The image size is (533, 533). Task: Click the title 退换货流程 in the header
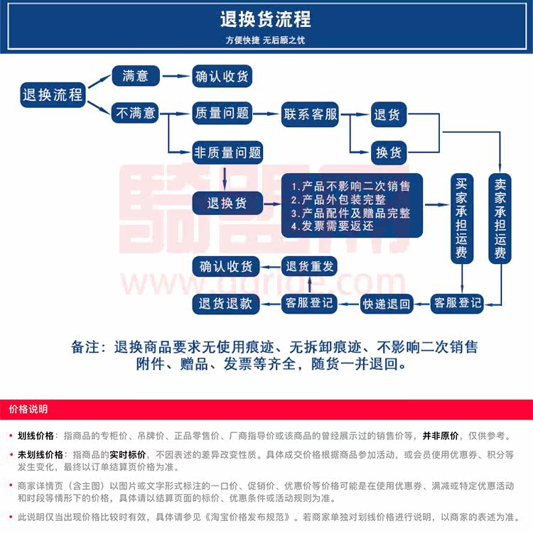pos(266,19)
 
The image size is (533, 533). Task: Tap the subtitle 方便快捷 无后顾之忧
pos(265,40)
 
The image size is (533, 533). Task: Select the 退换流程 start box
pos(53,95)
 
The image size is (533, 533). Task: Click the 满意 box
pos(135,76)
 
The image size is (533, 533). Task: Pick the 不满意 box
pos(135,113)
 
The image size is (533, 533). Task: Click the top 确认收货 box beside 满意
pos(223,77)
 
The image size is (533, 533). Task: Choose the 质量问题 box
pos(222,113)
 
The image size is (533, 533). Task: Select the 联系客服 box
pos(311,114)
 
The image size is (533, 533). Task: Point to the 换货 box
pos(388,152)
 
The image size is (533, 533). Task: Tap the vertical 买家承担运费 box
pos(462,218)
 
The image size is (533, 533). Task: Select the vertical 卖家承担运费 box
pos(500,218)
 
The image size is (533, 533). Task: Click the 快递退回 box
pos(387,304)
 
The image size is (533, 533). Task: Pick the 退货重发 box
pos(309,267)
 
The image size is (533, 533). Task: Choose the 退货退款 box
pos(225,304)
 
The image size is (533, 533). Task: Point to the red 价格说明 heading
pos(28,410)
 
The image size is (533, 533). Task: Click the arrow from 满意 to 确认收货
pos(176,76)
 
